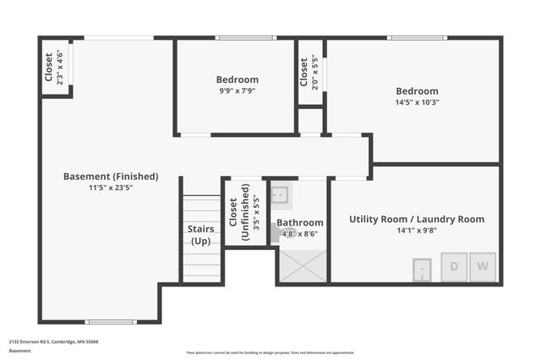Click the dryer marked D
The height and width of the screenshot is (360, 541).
(454, 267)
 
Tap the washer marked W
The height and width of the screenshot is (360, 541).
(484, 267)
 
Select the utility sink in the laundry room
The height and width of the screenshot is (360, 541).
(423, 270)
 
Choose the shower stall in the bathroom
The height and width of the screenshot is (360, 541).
(302, 266)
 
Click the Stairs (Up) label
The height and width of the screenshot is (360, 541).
(200, 235)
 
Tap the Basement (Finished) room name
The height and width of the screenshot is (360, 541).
(111, 177)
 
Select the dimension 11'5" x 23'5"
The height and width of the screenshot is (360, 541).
(111, 188)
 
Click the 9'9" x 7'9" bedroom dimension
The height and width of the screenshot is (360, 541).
(237, 90)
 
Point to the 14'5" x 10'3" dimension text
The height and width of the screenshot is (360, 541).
(418, 101)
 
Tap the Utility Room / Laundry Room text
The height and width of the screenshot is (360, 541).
(417, 219)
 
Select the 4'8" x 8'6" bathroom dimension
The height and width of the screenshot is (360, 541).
(299, 234)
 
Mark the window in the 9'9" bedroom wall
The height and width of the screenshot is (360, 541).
(245, 37)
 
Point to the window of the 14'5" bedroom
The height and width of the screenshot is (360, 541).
(417, 37)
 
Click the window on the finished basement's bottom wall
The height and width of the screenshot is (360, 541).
(111, 321)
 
